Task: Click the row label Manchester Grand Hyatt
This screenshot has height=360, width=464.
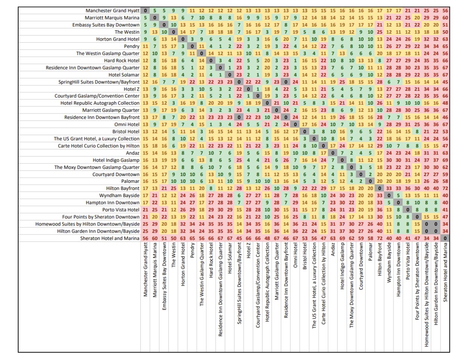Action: tap(112, 11)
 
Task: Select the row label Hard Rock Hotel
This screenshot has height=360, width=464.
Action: tap(122, 61)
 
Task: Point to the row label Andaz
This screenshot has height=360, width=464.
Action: tap(133, 153)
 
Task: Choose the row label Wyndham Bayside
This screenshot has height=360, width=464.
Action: tap(119, 196)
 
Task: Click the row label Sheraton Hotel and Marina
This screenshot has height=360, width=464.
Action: tap(109, 238)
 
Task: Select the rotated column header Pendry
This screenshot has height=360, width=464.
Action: tap(192, 251)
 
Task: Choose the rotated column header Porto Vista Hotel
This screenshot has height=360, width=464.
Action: tap(408, 262)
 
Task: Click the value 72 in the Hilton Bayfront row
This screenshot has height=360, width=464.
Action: tap(445, 188)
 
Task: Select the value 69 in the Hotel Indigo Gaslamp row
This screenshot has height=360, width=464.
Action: tap(445, 160)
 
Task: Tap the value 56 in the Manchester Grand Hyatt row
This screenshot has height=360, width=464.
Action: tap(445, 11)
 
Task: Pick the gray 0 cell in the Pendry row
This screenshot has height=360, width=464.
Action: tap(192, 46)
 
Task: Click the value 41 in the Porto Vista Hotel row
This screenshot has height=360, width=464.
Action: tap(445, 210)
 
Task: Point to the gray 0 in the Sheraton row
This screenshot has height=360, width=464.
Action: tap(445, 238)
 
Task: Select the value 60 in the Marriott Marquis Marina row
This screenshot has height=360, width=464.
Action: tap(445, 18)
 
